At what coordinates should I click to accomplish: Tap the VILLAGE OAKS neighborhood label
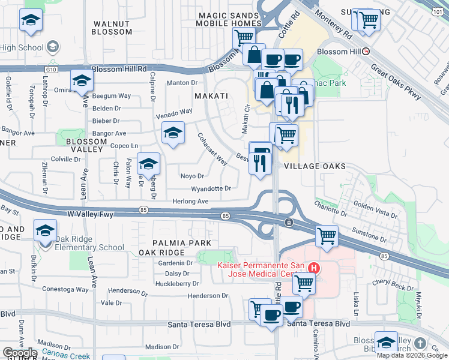point(315,166)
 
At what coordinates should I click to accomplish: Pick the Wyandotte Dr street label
point(211,188)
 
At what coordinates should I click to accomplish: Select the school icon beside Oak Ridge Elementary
point(45,230)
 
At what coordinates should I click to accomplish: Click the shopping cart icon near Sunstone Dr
point(327,236)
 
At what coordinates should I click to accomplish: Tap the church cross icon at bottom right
point(420,344)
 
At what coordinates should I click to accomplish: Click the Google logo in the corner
point(20,352)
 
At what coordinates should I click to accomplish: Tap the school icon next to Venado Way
point(173,133)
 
